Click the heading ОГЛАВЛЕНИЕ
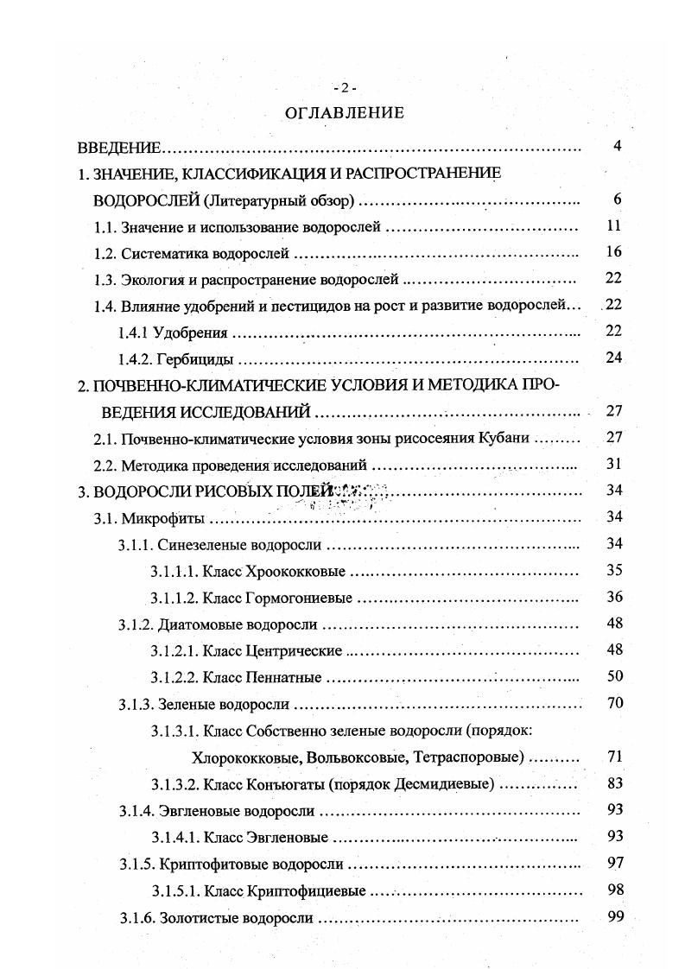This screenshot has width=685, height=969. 344,112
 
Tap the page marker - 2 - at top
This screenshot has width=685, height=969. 344,88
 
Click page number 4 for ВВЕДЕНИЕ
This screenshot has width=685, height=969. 618,146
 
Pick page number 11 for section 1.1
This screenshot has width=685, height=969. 614,226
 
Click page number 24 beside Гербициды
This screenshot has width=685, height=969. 614,358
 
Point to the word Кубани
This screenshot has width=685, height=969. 503,439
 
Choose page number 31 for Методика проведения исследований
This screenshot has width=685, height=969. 614,464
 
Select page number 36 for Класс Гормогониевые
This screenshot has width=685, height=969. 614,597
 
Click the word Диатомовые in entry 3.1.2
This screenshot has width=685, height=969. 198,624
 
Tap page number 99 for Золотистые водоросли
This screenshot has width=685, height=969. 614,916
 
